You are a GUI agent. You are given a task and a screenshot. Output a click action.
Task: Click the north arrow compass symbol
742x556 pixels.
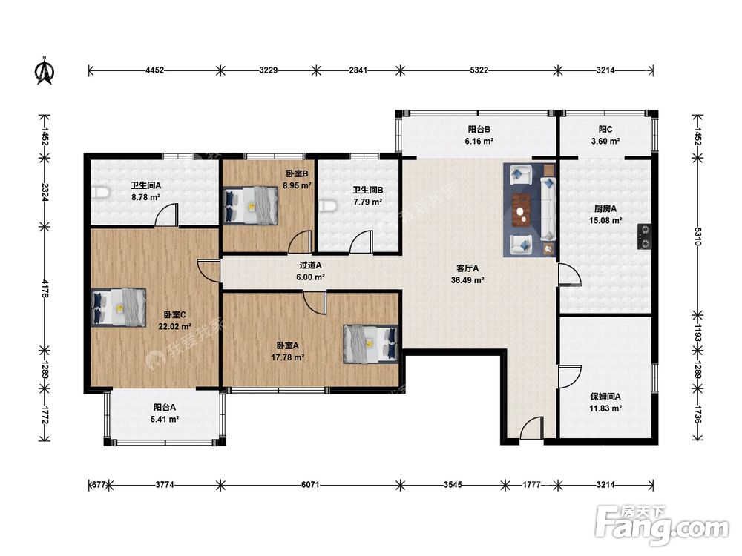pyautogui.click(x=45, y=71)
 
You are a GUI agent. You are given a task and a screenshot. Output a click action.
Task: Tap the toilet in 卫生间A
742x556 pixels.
pyautogui.click(x=100, y=192)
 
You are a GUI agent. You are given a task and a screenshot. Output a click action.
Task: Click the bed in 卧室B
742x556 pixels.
pyautogui.click(x=250, y=205)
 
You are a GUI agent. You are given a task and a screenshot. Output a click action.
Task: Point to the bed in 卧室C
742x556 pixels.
pyautogui.click(x=118, y=307)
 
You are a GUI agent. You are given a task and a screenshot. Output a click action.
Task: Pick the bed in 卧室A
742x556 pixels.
pyautogui.click(x=370, y=344)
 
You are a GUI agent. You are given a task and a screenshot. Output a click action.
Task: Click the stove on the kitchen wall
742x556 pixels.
pyautogui.click(x=645, y=237)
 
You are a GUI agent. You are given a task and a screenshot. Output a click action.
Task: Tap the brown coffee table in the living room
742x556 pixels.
pyautogui.click(x=522, y=211)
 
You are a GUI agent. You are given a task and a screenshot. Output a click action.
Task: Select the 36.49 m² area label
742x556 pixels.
pyautogui.click(x=467, y=280)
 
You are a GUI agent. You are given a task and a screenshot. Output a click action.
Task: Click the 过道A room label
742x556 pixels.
pyautogui.click(x=310, y=265)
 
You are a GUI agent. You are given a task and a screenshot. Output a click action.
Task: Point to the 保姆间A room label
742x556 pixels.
pyautogui.click(x=605, y=397)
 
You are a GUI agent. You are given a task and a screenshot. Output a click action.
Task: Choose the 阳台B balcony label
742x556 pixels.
pyautogui.click(x=479, y=129)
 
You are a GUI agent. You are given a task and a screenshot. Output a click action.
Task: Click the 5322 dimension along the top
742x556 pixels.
pyautogui.click(x=479, y=70)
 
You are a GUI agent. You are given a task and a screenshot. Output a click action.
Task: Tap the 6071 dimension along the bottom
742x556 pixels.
pyautogui.click(x=310, y=485)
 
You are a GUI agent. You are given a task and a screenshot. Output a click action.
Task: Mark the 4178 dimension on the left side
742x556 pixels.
pyautogui.click(x=45, y=288)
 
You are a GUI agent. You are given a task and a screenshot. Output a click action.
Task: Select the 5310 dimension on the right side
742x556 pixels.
pyautogui.click(x=697, y=236)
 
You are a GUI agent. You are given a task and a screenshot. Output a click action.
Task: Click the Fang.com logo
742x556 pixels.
pyautogui.click(x=663, y=525)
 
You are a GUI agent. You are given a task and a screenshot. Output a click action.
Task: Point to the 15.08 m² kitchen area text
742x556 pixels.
pyautogui.click(x=605, y=220)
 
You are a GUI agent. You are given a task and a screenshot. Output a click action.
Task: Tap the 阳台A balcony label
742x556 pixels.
pyautogui.click(x=165, y=407)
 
